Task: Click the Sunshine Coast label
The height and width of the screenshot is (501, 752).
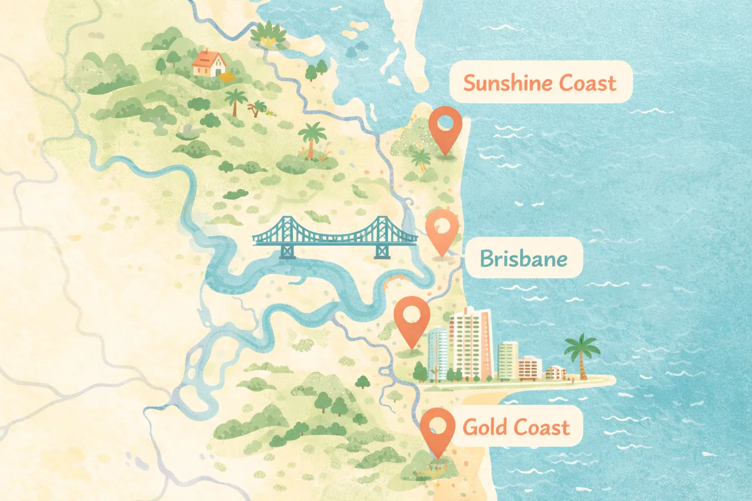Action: [540, 82]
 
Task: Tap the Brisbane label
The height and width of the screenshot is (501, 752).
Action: [523, 258]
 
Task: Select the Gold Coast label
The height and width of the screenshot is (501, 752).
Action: [516, 427]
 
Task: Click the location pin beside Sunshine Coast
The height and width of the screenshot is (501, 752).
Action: [445, 128]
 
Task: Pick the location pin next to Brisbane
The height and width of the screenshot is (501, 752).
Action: [442, 232]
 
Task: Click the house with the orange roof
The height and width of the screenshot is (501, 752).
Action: [209, 63]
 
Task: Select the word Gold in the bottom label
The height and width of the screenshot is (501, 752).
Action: [485, 427]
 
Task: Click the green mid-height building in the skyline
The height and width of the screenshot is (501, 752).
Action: [508, 361]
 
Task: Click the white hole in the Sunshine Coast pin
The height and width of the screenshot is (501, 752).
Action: [445, 120]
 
